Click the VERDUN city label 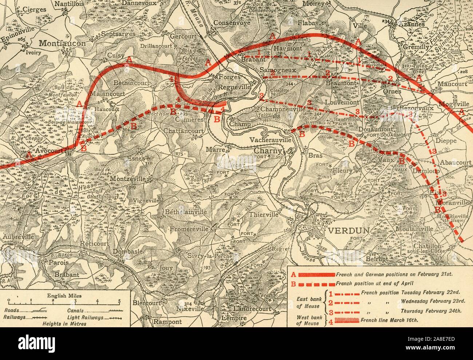tap(348, 230)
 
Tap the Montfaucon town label tap(62, 43)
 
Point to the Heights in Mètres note tap(64, 323)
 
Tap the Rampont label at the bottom tap(167, 322)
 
